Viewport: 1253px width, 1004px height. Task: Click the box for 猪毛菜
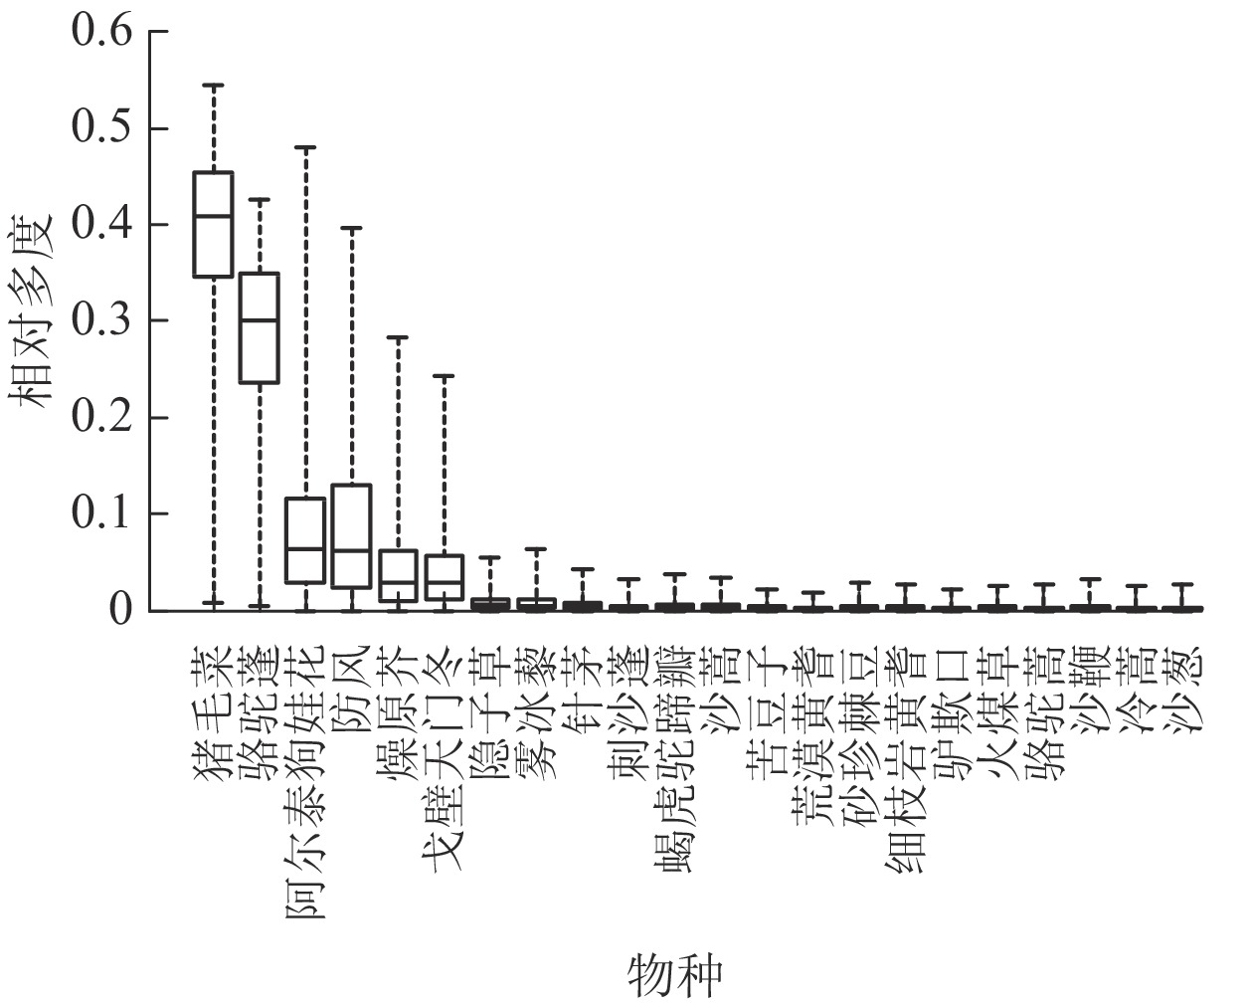pos(213,224)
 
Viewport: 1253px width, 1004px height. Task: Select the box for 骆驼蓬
pos(260,327)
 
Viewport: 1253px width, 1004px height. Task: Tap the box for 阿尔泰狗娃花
pos(305,540)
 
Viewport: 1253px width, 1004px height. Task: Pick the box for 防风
pos(351,535)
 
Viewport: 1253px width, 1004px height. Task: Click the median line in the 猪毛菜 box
pos(213,216)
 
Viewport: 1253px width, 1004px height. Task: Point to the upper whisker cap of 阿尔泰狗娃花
pos(305,147)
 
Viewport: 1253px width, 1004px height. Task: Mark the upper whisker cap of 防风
pos(351,228)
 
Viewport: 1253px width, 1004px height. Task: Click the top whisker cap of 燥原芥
pos(398,338)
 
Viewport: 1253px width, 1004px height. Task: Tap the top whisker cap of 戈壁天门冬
pos(444,376)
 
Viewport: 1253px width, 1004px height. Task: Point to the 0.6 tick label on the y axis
pos(101,32)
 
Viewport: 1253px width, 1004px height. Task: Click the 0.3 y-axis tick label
pos(101,321)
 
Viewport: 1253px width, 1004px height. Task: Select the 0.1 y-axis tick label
pos(101,514)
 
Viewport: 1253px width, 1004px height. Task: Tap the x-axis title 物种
pos(674,975)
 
